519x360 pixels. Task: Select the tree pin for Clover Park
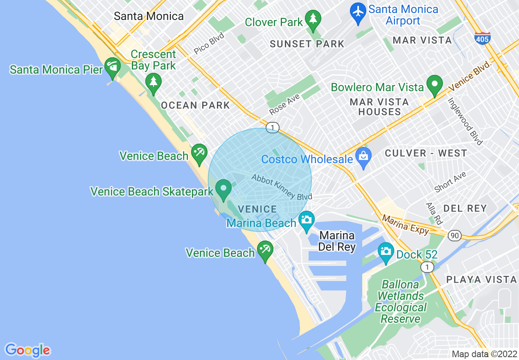[313, 19]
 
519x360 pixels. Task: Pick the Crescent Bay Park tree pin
[153, 81]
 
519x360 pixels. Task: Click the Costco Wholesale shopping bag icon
[363, 156]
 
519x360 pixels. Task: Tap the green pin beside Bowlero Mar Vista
[435, 84]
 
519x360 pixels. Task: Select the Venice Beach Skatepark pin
[223, 189]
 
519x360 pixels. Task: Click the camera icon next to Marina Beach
[306, 220]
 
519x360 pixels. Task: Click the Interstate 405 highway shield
[483, 38]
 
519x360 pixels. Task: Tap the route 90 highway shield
[454, 235]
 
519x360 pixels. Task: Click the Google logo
[27, 350]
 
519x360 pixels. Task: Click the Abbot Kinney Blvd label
[282, 187]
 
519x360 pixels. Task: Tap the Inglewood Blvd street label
[465, 121]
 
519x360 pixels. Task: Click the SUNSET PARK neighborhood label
[307, 44]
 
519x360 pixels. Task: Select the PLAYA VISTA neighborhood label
[481, 280]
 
